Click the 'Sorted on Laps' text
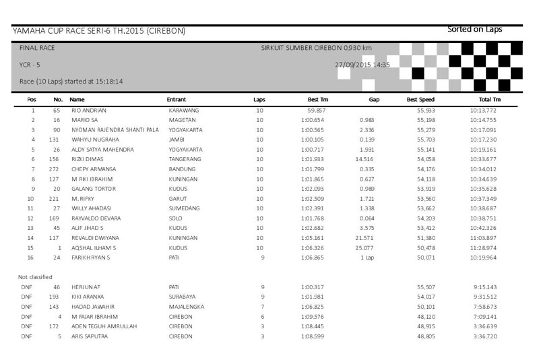click(x=475, y=29)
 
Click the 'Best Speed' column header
click(x=419, y=99)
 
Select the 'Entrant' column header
click(x=176, y=99)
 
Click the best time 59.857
click(x=317, y=109)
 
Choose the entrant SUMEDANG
click(x=182, y=209)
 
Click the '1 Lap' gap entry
click(x=367, y=258)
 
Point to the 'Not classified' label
click(x=35, y=277)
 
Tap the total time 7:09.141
click(x=485, y=316)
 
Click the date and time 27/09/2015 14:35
click(x=362, y=65)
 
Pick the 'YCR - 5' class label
click(x=32, y=65)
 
